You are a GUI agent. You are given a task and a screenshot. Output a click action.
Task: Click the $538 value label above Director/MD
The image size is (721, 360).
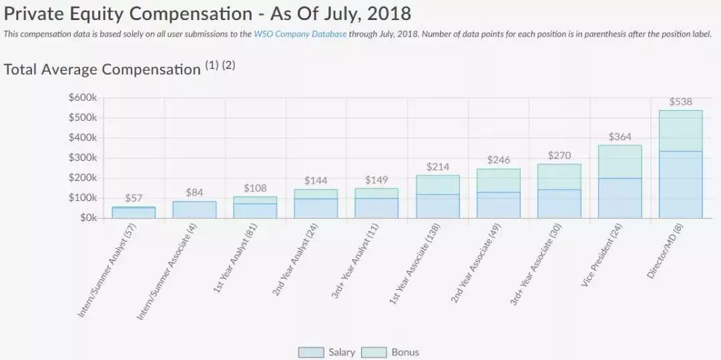(x=680, y=102)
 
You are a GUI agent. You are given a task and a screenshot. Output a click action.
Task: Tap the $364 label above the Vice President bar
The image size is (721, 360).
(x=620, y=137)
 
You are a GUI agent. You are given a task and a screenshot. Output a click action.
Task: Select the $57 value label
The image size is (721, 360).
(x=134, y=198)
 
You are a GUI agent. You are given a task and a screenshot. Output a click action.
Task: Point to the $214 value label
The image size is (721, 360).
(x=438, y=167)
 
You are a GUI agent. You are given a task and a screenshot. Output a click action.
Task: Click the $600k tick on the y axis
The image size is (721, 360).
(x=83, y=98)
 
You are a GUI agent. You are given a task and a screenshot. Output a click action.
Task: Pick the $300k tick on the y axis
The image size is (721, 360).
(x=83, y=158)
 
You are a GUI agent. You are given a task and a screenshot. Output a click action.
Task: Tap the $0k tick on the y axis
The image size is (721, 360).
(x=87, y=218)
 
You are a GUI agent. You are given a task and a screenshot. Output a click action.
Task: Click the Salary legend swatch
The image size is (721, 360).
(x=311, y=352)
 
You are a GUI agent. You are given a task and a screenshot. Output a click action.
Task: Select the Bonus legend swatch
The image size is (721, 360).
(x=374, y=352)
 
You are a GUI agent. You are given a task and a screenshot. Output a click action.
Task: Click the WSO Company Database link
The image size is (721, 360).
(x=300, y=34)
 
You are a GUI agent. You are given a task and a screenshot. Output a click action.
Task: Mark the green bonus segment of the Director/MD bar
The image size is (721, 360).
(x=680, y=131)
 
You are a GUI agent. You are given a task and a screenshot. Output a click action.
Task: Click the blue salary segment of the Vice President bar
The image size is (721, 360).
(x=620, y=198)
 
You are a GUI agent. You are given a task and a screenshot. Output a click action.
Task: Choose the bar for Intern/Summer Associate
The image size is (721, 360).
(x=194, y=210)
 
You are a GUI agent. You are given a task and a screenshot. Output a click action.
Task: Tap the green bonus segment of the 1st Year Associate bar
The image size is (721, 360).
(x=438, y=185)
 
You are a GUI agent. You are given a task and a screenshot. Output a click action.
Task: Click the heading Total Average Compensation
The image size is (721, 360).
(x=102, y=69)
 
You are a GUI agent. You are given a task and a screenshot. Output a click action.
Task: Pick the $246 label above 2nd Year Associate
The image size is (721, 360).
(x=499, y=160)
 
